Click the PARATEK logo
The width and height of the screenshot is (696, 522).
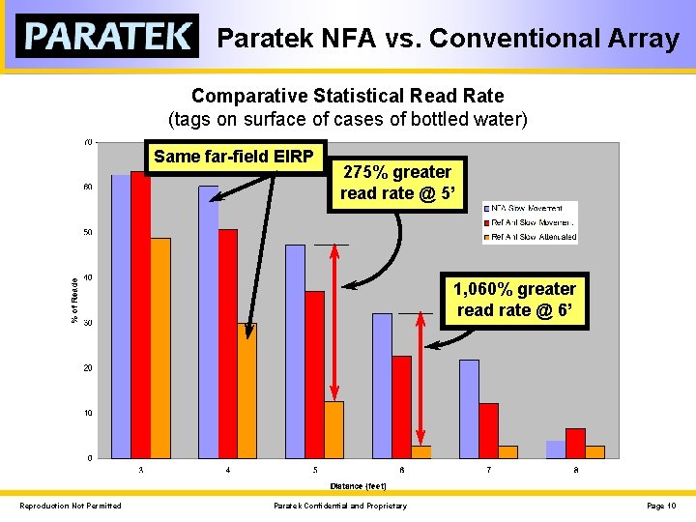(107, 37)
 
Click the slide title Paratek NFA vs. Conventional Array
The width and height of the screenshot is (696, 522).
(448, 39)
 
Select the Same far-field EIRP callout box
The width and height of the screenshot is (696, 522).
(238, 157)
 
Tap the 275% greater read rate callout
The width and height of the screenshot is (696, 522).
(395, 183)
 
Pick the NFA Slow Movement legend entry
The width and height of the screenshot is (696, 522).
(529, 208)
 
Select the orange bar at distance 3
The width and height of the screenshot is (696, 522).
(159, 348)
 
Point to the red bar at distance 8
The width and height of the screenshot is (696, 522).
(575, 443)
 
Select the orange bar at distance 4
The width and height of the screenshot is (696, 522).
(246, 391)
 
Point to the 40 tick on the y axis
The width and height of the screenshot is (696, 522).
(88, 277)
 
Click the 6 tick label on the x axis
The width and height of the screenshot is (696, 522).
(401, 470)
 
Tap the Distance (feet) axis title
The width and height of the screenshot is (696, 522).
(358, 485)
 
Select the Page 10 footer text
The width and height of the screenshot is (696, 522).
(662, 506)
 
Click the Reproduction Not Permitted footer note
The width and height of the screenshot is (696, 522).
(71, 506)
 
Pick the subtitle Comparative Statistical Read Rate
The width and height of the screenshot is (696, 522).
(347, 97)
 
